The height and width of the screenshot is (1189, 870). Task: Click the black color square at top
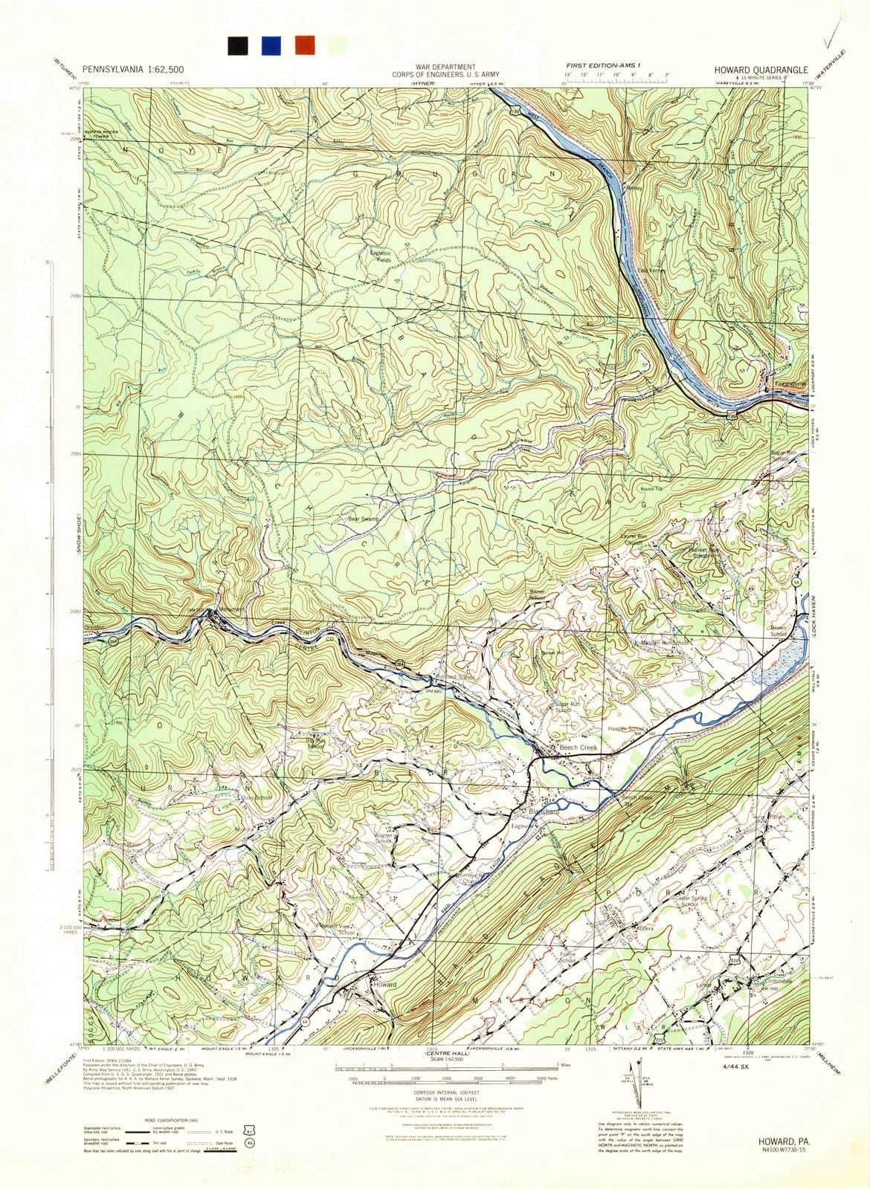pyautogui.click(x=239, y=45)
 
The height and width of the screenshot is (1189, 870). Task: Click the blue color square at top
pyautogui.click(x=271, y=45)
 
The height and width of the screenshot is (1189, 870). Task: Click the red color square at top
pyautogui.click(x=304, y=45)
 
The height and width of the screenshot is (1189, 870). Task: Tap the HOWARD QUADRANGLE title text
pyautogui.click(x=760, y=69)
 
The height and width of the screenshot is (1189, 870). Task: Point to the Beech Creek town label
pyautogui.click(x=578, y=747)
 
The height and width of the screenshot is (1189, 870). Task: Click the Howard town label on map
pyautogui.click(x=385, y=984)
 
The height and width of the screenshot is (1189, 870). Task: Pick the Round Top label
pyautogui.click(x=651, y=489)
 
